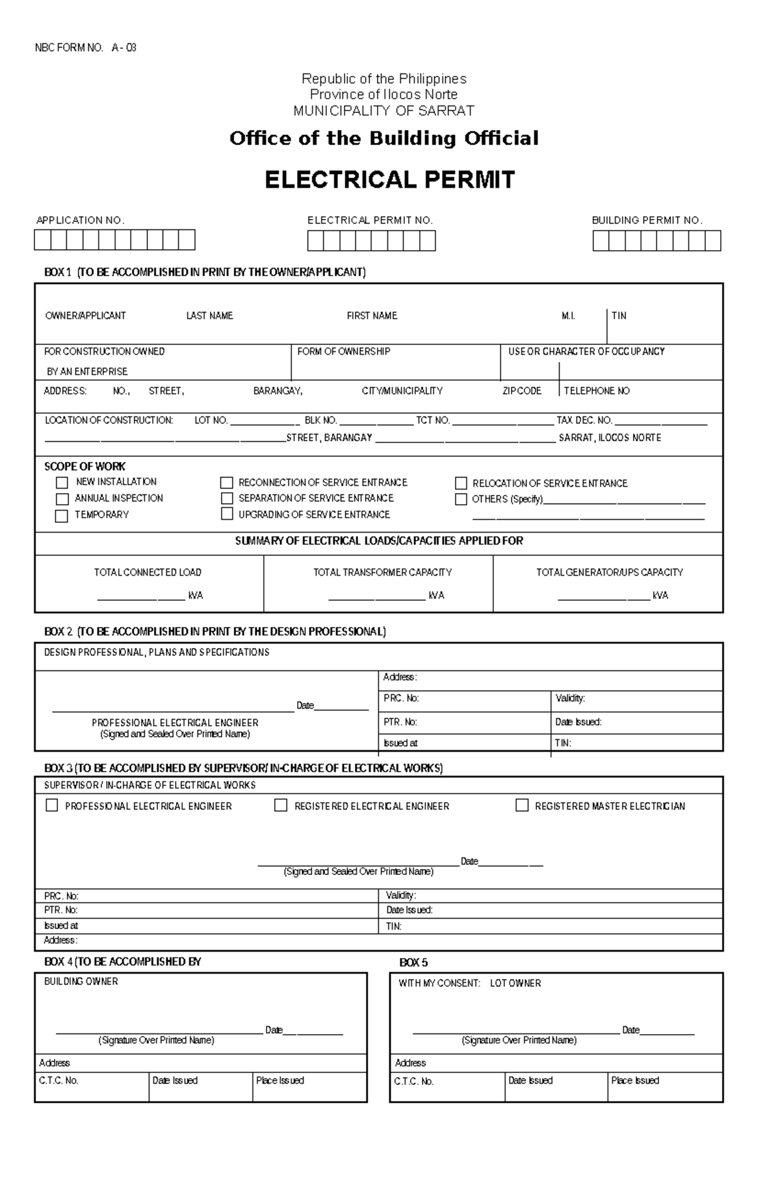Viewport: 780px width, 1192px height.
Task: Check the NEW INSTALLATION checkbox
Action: (x=62, y=483)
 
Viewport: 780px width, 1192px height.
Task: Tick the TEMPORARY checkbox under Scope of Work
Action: (x=62, y=516)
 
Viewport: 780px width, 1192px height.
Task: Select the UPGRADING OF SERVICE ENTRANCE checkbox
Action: (x=227, y=514)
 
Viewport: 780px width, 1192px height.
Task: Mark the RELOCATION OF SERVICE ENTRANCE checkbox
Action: (x=461, y=483)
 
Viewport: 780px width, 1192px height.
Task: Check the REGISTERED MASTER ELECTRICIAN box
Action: (x=522, y=805)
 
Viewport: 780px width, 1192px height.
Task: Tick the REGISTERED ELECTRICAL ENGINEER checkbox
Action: (x=281, y=805)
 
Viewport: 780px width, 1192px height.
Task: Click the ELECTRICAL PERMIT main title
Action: (x=389, y=180)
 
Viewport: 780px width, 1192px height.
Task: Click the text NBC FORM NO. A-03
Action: (x=85, y=48)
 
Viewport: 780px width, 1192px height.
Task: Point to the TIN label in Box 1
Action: (x=619, y=316)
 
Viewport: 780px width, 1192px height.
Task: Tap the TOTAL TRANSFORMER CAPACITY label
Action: (x=382, y=572)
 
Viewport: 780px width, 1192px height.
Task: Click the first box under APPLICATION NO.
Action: (x=43, y=240)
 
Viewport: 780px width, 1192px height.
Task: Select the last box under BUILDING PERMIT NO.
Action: (x=712, y=241)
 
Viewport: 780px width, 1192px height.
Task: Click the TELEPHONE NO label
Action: (x=597, y=391)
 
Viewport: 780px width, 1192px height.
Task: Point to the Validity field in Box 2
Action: (x=570, y=698)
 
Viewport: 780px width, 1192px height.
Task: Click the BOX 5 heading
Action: (x=413, y=963)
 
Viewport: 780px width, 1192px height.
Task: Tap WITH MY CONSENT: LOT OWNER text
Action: (x=469, y=983)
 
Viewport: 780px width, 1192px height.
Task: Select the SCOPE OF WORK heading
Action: (x=84, y=466)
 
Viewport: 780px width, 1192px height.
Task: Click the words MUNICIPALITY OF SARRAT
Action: (x=383, y=111)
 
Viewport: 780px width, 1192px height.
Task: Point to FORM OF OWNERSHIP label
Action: (x=344, y=351)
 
